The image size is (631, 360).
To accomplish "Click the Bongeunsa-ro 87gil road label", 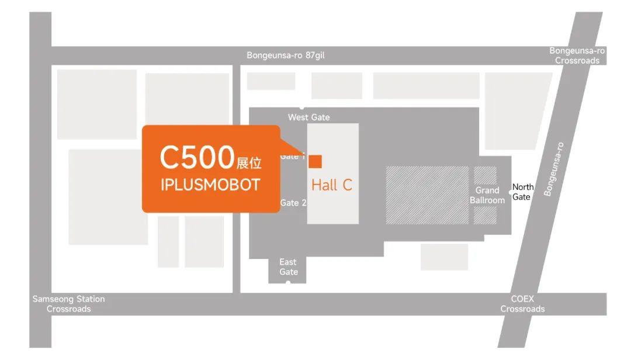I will click(x=285, y=56).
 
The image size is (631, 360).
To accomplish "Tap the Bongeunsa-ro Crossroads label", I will click(x=577, y=56).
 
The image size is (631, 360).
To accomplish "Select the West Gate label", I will click(x=308, y=117).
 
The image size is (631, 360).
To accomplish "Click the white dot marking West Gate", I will click(x=301, y=108).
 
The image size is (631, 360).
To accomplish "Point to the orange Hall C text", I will click(x=331, y=185).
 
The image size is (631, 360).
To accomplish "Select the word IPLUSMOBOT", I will click(x=210, y=185).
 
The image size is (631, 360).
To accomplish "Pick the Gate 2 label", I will click(x=293, y=203).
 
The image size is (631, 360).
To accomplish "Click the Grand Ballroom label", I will click(x=487, y=195).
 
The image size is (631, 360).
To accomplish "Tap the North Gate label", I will click(x=522, y=192).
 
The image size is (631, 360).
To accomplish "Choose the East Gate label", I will click(x=288, y=266).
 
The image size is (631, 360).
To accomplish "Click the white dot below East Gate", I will click(x=287, y=283).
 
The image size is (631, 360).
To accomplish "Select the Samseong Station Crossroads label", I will click(x=68, y=304).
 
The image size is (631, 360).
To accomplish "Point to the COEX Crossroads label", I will click(x=522, y=304).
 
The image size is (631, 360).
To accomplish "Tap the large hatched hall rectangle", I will click(x=427, y=195).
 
